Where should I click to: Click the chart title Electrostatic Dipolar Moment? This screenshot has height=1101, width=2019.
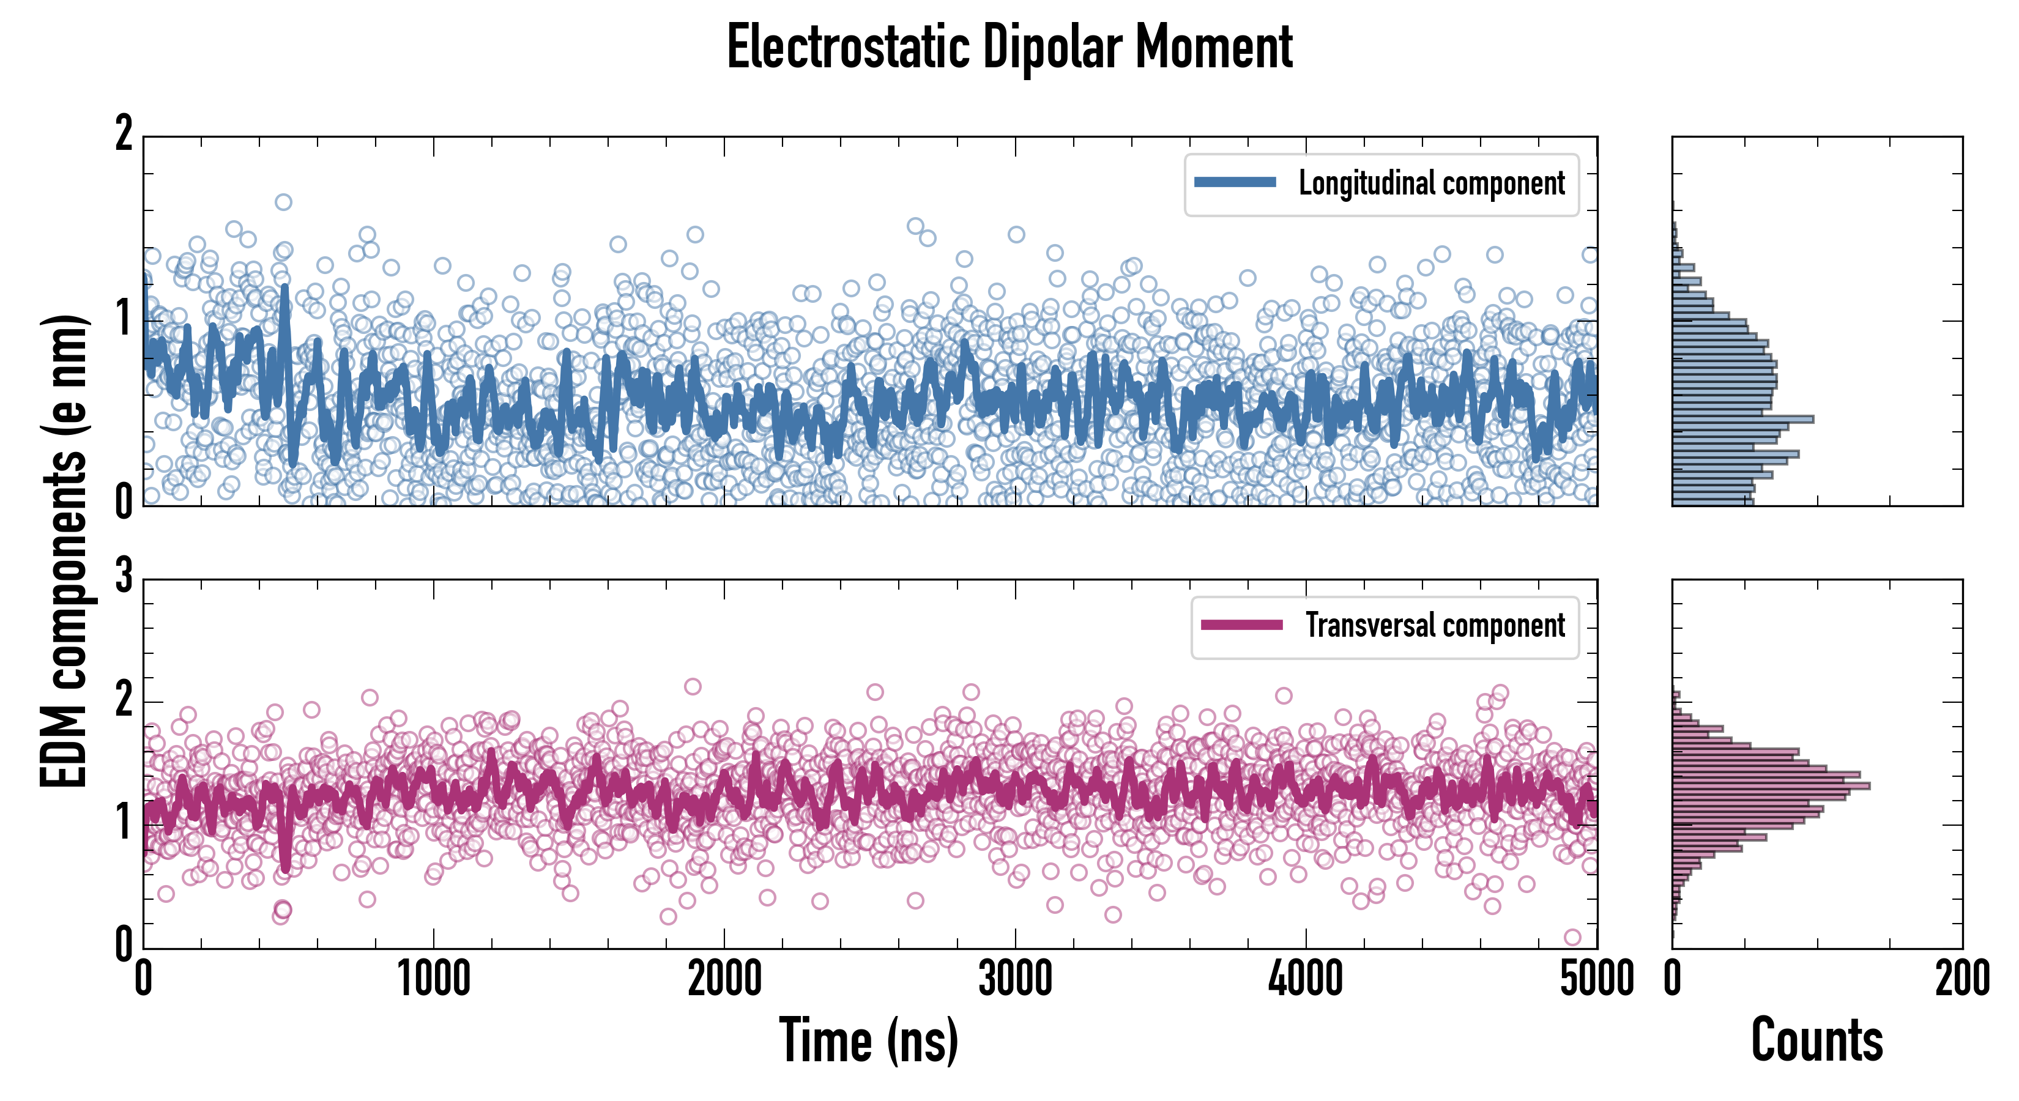coord(1009,47)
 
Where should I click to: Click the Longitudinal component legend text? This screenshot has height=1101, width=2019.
coord(1431,183)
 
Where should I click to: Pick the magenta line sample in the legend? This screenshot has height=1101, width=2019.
coord(1241,625)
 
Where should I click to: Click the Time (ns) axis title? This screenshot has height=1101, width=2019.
coord(868,1040)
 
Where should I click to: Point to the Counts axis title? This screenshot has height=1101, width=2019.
coord(1816,1040)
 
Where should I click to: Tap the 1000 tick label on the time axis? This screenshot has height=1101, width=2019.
coord(433,979)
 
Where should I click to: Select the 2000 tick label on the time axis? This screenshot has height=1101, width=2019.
coord(724,979)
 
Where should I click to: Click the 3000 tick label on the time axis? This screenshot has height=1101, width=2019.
coord(1015,979)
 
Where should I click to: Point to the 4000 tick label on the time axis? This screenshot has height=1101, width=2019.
coord(1306,979)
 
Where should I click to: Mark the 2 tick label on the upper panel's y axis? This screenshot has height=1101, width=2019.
coord(124,134)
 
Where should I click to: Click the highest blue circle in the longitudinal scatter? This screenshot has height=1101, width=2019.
coord(284,202)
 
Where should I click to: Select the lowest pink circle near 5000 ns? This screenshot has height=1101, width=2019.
coord(1572,937)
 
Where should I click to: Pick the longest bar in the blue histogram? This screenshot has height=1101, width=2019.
coord(1743,419)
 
